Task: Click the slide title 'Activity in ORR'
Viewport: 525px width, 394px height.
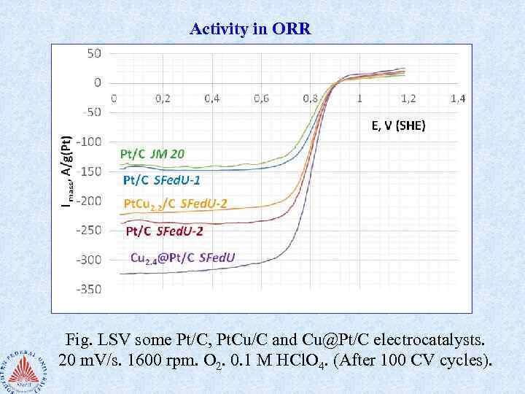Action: [250, 29]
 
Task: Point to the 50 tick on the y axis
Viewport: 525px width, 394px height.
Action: [95, 53]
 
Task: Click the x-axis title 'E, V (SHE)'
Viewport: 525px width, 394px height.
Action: [398, 125]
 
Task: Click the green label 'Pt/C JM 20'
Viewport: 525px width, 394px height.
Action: [157, 154]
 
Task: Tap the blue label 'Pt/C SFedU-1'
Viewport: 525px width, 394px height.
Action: [163, 179]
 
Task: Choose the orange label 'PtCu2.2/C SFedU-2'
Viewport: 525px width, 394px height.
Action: [174, 204]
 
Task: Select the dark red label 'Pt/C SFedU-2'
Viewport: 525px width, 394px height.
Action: [164, 231]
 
